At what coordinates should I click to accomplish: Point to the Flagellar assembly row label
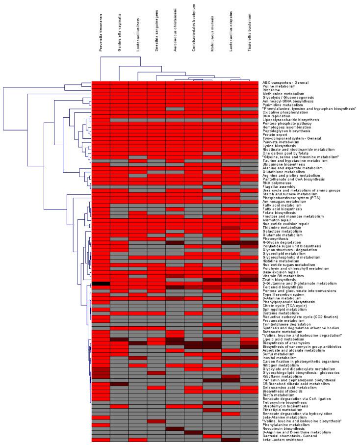point(277,186)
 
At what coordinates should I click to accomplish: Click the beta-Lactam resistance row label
point(282,440)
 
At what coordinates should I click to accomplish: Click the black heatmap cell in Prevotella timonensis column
point(101,283)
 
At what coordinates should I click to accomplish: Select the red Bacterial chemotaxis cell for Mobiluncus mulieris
point(212,436)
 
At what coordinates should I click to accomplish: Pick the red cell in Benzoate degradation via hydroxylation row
point(231,414)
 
